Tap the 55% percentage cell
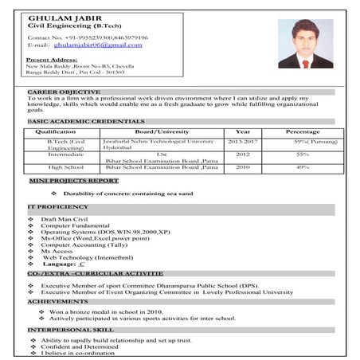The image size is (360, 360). (303, 154)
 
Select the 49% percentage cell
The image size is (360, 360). (303, 167)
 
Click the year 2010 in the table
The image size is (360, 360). (242, 167)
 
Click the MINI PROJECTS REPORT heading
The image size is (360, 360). (74, 182)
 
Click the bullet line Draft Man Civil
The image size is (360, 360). (64, 218)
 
